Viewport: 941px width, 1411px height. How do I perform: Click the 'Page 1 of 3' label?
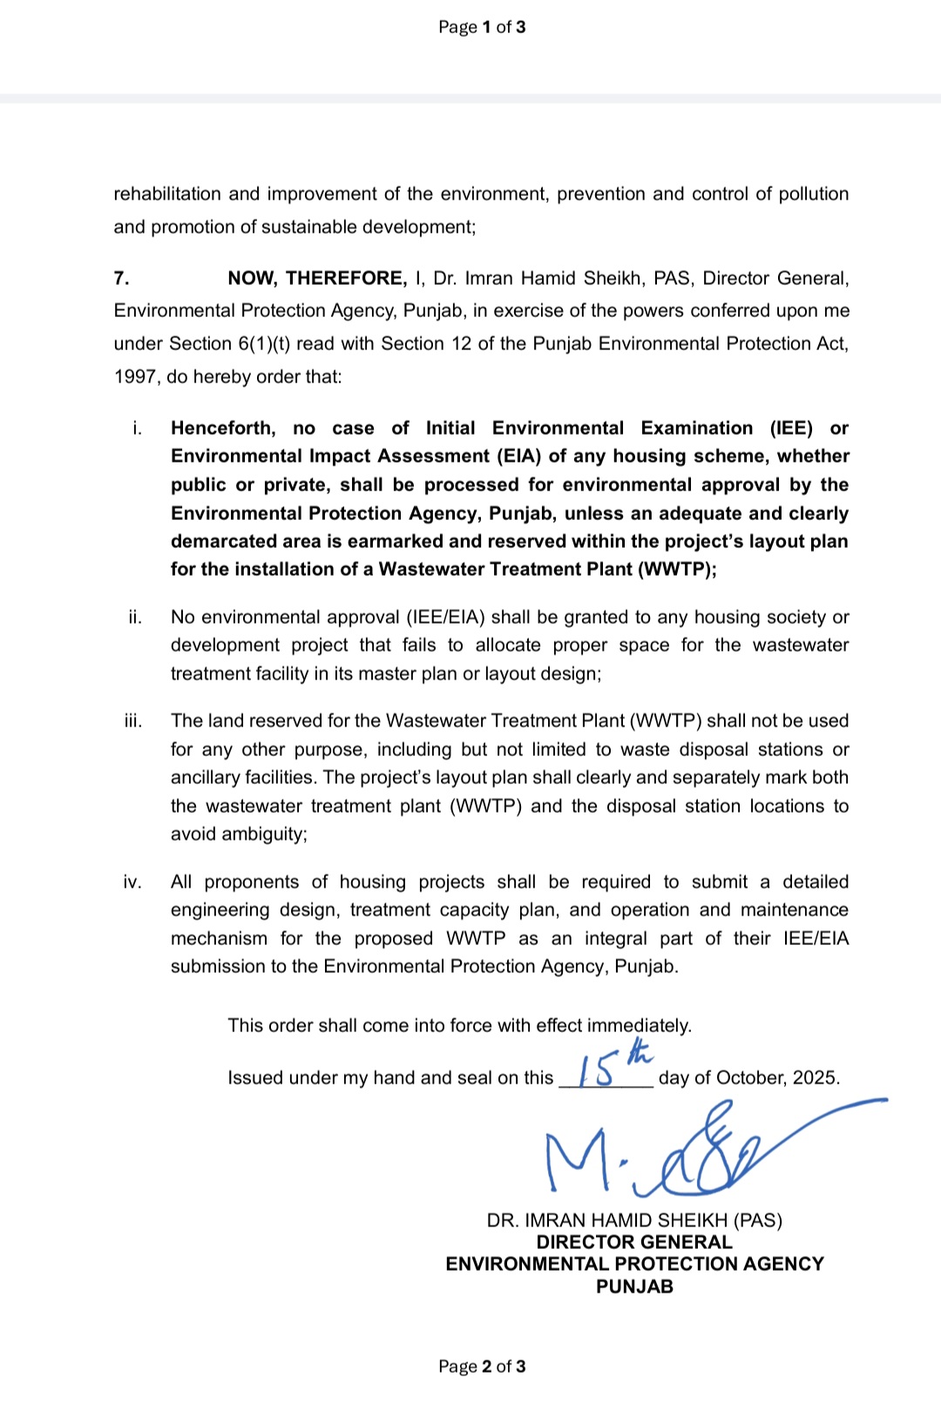482,27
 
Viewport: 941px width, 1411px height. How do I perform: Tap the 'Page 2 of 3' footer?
482,1366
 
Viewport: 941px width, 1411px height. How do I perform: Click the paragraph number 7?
121,279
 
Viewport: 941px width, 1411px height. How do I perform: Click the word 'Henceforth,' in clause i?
223,429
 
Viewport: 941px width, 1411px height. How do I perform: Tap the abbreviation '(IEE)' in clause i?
791,429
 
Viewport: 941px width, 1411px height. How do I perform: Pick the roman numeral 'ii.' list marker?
135,618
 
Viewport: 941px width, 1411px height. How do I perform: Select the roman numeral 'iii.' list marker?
133,721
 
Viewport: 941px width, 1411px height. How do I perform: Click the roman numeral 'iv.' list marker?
132,882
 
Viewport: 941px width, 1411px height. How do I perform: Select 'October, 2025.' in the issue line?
778,1078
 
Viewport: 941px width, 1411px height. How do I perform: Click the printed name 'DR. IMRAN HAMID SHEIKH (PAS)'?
634,1220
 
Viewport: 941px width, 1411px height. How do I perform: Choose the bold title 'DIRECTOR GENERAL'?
634,1242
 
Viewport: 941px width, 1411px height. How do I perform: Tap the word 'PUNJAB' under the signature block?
634,1286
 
